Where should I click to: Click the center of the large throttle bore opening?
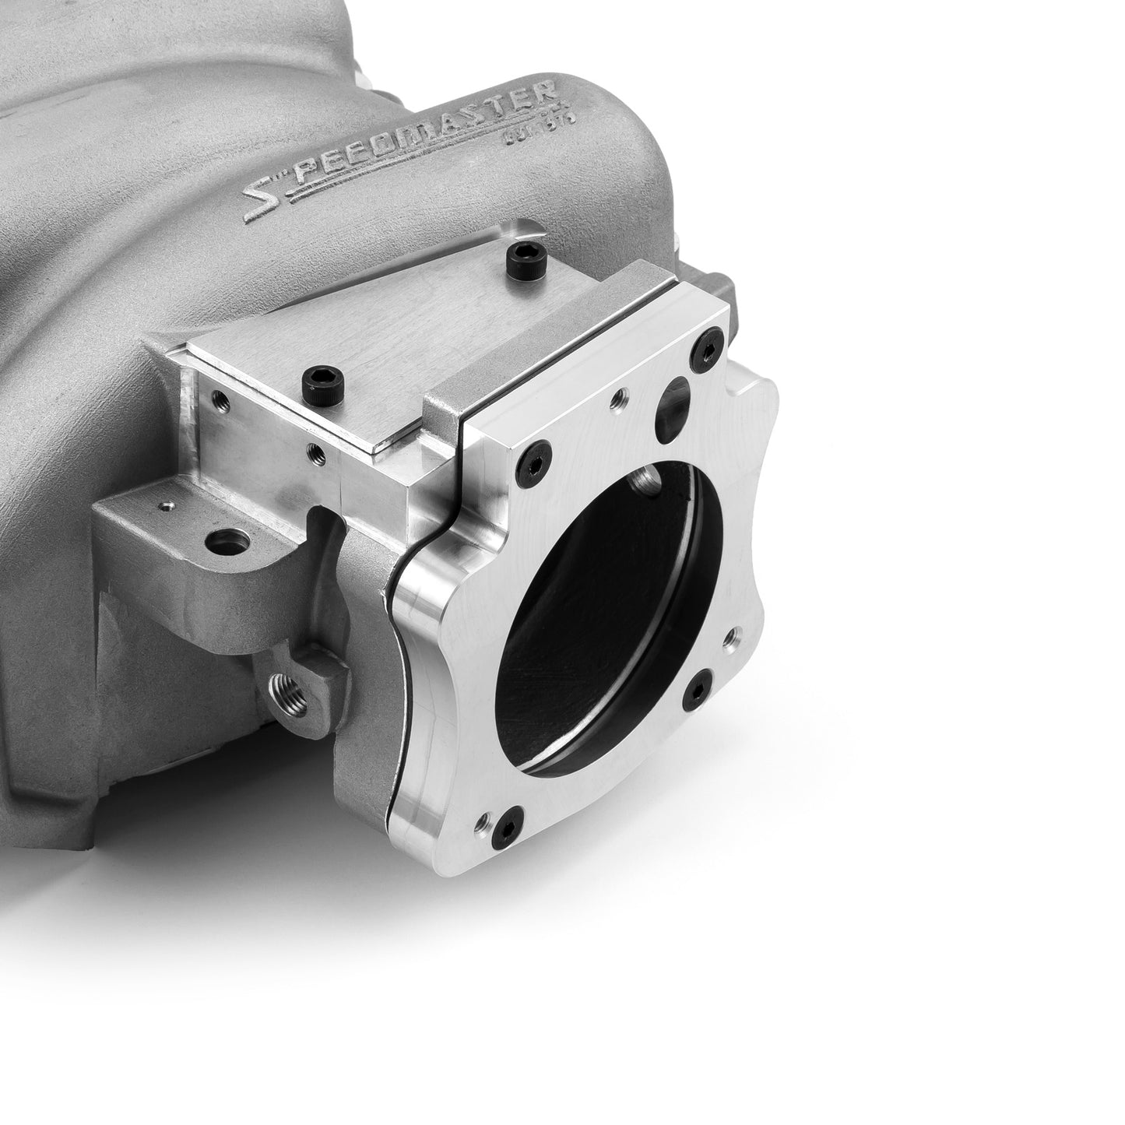pos(615,615)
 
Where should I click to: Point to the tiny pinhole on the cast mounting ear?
pos(165,506)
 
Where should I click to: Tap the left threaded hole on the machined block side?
pos(219,401)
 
